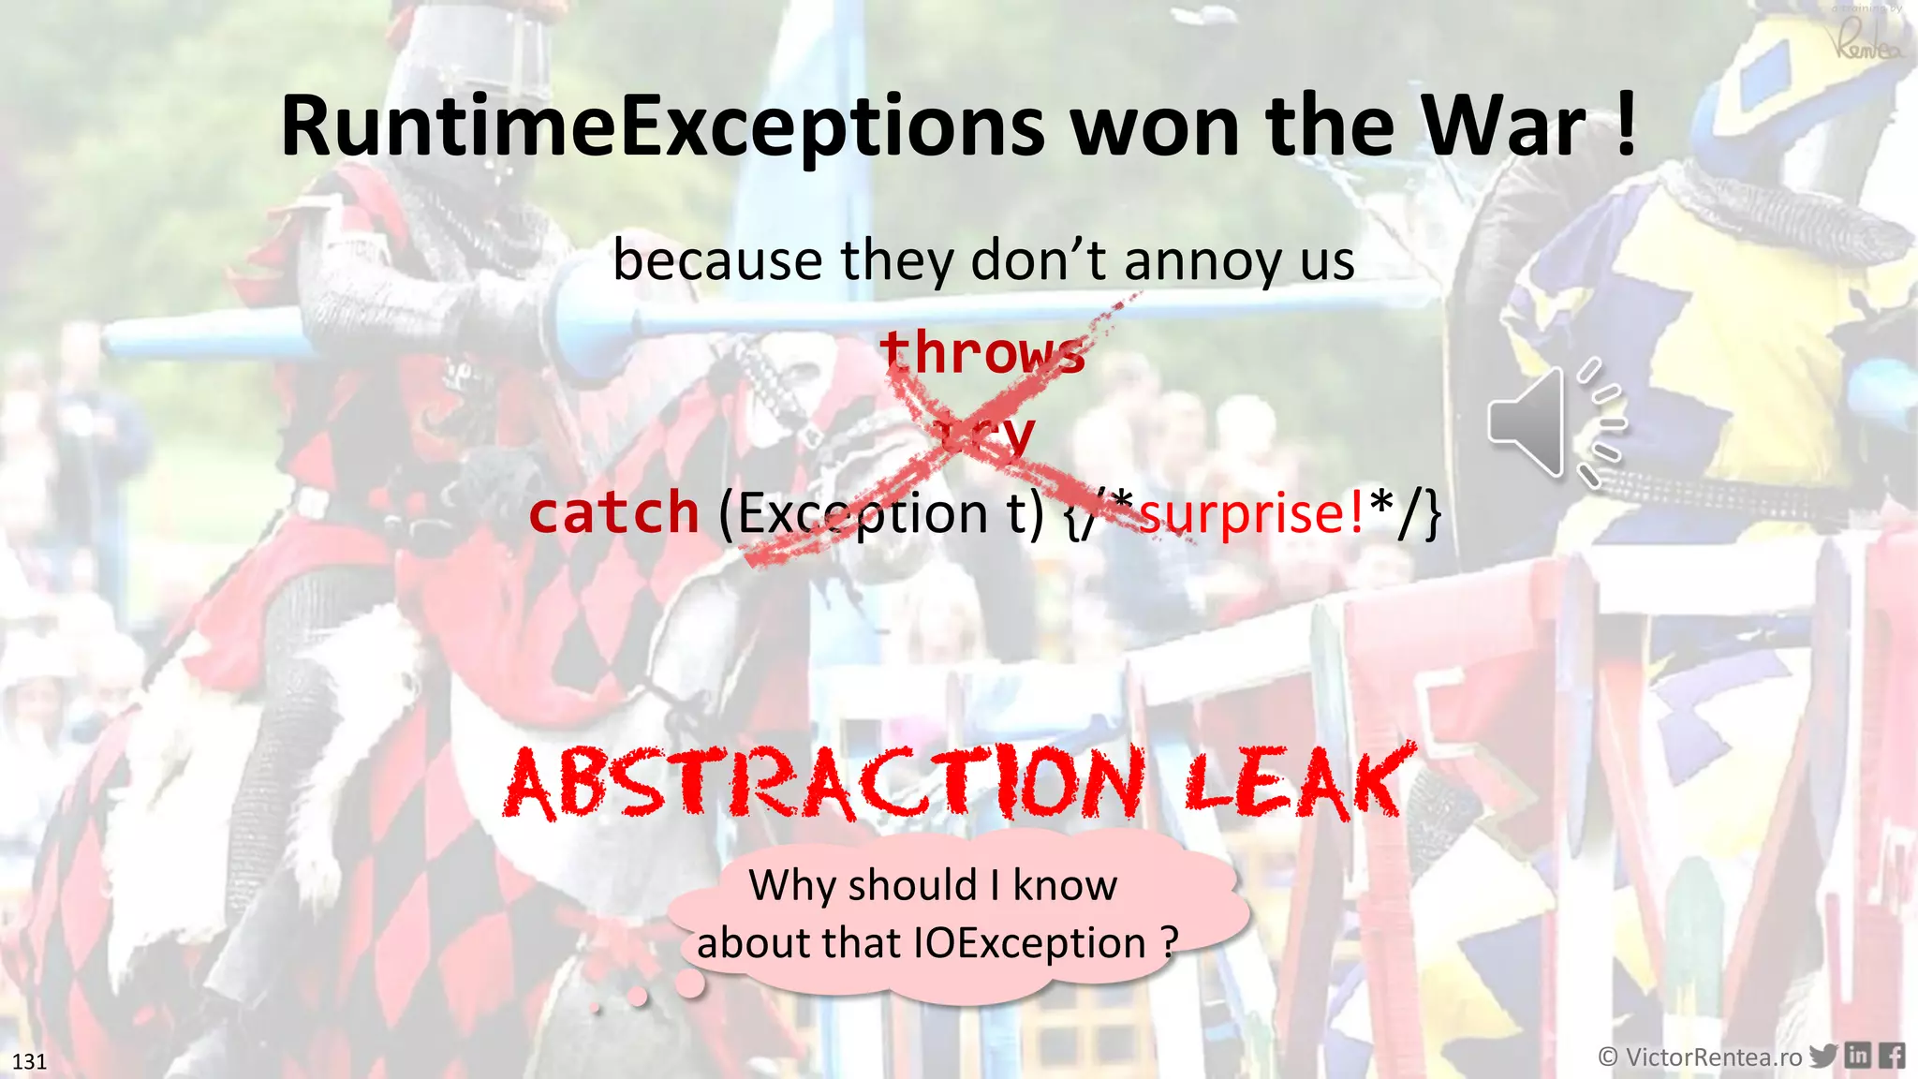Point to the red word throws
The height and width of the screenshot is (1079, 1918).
pyautogui.click(x=981, y=352)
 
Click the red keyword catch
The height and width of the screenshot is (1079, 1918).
pyautogui.click(x=613, y=513)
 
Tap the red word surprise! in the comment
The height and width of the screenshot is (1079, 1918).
pyautogui.click(x=1251, y=513)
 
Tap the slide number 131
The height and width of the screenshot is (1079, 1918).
pyautogui.click(x=29, y=1061)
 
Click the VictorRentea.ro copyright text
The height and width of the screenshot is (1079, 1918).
pyautogui.click(x=1700, y=1057)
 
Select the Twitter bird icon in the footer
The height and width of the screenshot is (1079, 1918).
pyautogui.click(x=1822, y=1056)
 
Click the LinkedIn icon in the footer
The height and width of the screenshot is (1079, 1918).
pyautogui.click(x=1857, y=1056)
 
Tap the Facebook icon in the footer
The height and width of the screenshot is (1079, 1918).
pyautogui.click(x=1892, y=1056)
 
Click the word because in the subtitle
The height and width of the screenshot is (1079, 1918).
pyautogui.click(x=716, y=260)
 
